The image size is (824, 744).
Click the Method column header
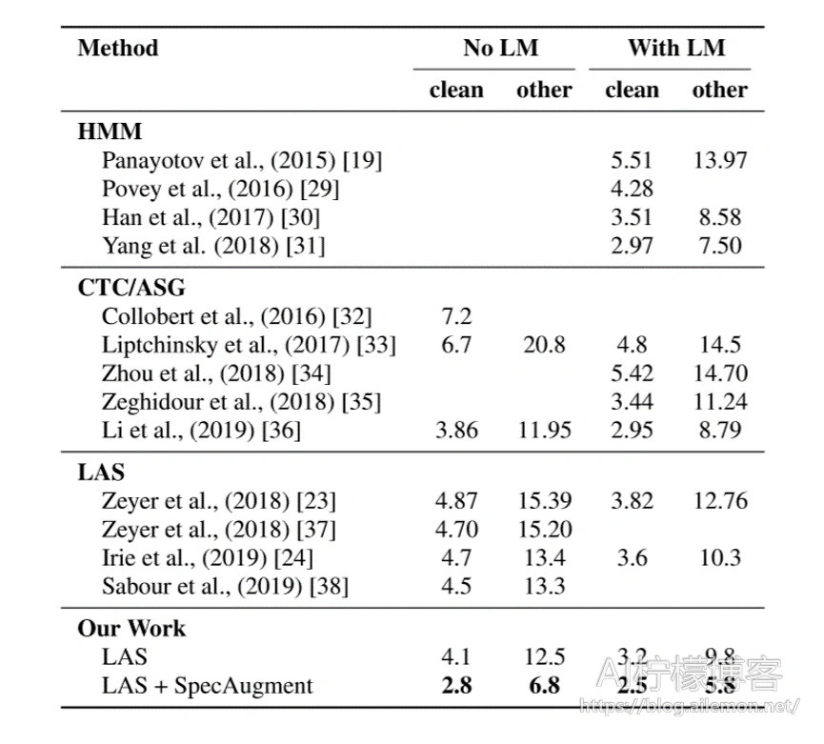click(118, 48)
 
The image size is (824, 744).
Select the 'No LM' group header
click(501, 48)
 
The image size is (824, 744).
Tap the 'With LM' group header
click(676, 48)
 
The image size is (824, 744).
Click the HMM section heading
click(110, 131)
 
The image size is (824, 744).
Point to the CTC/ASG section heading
click(131, 288)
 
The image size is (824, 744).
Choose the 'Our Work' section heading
click(131, 629)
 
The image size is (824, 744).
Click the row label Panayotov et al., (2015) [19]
click(242, 160)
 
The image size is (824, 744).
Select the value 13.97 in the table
click(720, 160)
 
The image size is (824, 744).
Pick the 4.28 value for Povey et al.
click(632, 189)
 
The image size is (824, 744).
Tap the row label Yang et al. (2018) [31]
click(213, 246)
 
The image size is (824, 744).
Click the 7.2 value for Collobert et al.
click(456, 316)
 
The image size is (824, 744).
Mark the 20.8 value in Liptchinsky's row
click(544, 345)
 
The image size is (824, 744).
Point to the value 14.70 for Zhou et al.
click(720, 373)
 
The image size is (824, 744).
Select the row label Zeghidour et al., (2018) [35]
click(241, 402)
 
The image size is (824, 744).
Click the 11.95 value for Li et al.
click(545, 431)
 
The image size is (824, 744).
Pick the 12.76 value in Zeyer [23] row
click(720, 501)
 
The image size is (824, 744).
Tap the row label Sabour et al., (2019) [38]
click(225, 587)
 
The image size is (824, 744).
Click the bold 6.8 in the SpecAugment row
click(544, 686)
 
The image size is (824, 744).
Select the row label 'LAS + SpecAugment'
click(207, 686)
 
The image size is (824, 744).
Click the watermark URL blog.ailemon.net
click(689, 706)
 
